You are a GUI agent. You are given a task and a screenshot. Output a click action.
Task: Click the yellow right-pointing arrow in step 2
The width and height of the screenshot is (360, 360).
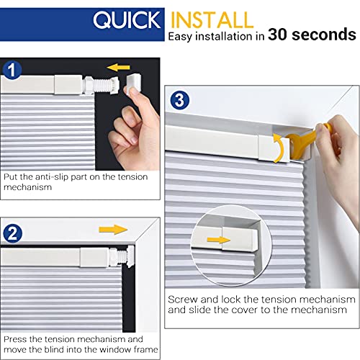[109, 230]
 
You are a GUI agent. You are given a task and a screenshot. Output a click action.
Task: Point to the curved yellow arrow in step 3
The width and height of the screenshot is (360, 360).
[277, 138]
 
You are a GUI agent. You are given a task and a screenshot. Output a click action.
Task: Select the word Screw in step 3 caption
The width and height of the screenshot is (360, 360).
[181, 299]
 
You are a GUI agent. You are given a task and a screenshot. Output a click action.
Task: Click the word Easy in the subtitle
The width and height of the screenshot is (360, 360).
[183, 35]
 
